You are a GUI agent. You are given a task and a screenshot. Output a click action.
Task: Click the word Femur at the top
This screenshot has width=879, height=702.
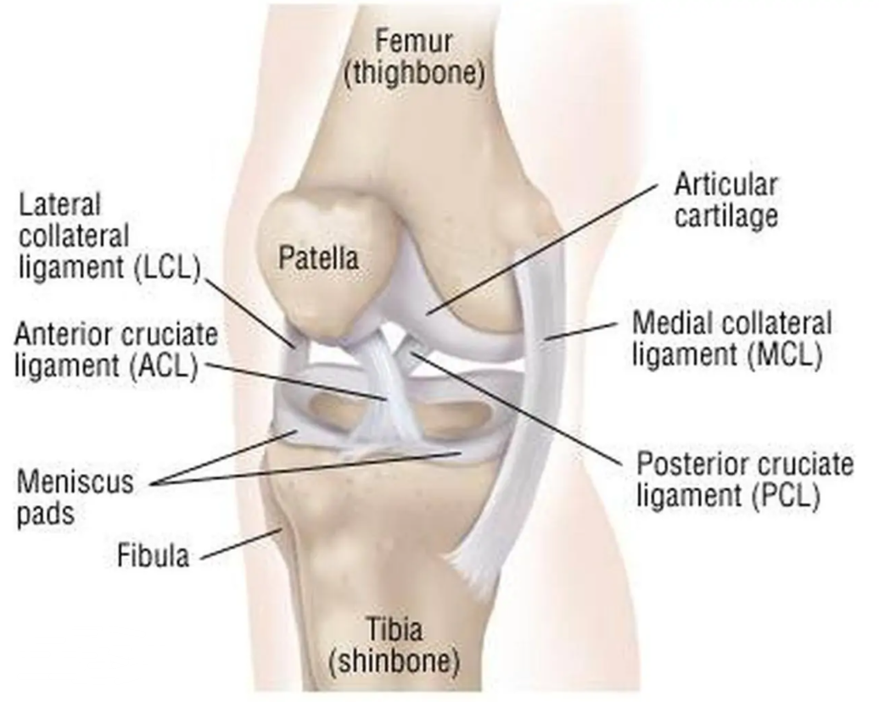tap(414, 42)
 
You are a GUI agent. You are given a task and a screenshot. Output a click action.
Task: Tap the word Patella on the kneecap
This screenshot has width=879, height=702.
tap(318, 259)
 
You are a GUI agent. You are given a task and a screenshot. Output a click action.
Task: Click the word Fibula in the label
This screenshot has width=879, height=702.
tap(153, 555)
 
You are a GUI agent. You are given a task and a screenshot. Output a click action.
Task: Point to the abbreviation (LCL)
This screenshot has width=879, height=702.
tap(168, 268)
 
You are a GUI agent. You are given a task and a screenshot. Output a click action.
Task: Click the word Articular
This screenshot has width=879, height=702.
tap(726, 184)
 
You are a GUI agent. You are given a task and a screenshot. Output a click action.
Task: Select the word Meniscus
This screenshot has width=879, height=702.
tap(76, 482)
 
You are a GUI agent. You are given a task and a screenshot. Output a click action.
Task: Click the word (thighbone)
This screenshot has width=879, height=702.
tap(415, 74)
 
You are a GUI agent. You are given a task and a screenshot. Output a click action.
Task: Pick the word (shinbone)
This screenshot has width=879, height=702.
tap(394, 661)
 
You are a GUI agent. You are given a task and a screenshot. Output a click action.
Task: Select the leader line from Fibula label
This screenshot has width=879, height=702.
tap(241, 543)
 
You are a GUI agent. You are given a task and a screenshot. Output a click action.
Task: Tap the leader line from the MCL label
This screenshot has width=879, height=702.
tap(582, 331)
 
